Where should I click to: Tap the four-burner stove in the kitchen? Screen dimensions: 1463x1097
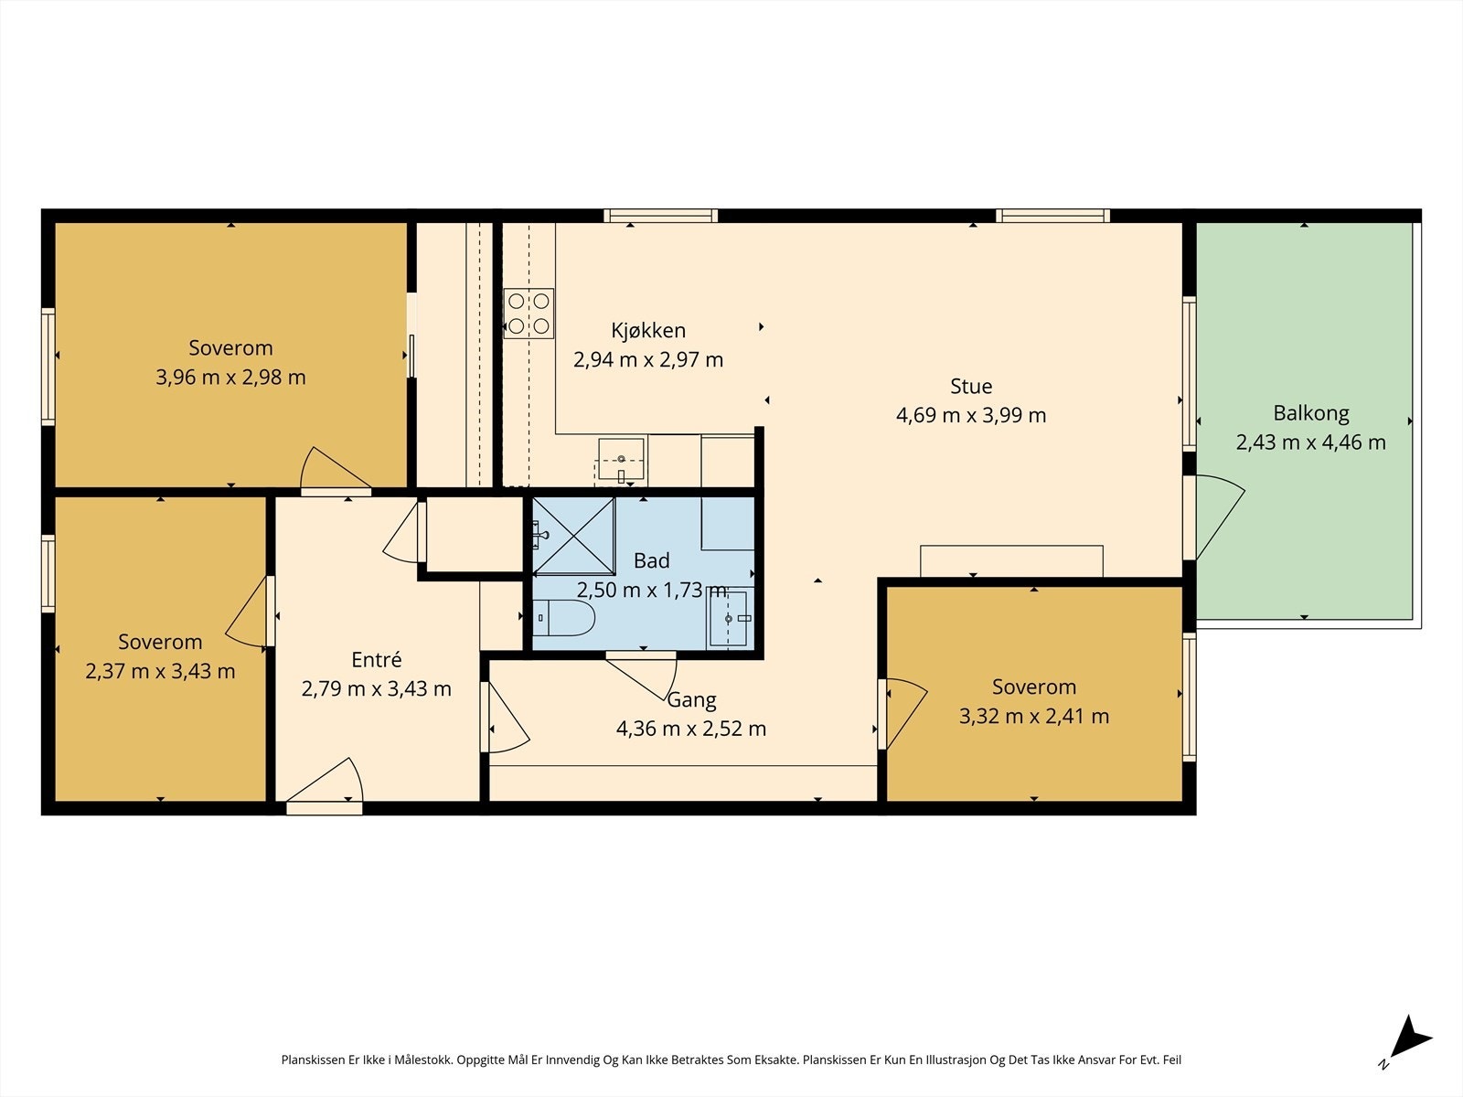pyautogui.click(x=529, y=313)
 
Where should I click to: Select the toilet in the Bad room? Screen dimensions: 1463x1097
pyautogui.click(x=563, y=618)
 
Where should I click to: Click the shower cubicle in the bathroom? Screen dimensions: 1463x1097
pyautogui.click(x=573, y=536)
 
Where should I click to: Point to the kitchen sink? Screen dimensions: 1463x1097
pyautogui.click(x=621, y=459)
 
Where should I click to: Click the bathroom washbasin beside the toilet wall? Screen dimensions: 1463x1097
pyautogui.click(x=730, y=618)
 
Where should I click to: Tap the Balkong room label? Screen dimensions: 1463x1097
pyautogui.click(x=1311, y=413)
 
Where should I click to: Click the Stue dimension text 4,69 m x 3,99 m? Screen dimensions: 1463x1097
pyautogui.click(x=971, y=415)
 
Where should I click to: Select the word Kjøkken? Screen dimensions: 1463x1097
pyautogui.click(x=648, y=330)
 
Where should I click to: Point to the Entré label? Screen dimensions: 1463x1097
pyautogui.click(x=377, y=659)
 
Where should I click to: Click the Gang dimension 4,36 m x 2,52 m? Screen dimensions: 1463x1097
pyautogui.click(x=691, y=729)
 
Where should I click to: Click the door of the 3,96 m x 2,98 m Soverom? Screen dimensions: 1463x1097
pyautogui.click(x=336, y=471)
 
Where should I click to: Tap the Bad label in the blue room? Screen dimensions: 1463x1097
pyautogui.click(x=651, y=560)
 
